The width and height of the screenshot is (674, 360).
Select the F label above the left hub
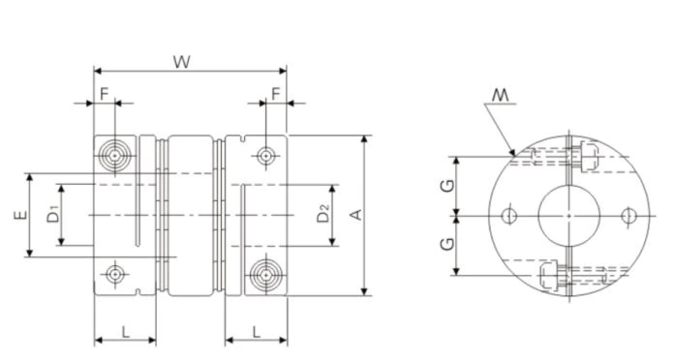104,93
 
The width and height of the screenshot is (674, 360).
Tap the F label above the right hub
276,93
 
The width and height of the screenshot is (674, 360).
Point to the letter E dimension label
20,218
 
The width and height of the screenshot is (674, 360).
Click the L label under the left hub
126,331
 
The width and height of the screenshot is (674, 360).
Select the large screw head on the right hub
263,273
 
